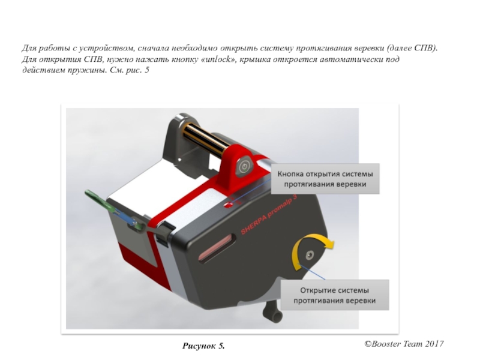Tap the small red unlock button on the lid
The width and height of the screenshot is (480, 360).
228,205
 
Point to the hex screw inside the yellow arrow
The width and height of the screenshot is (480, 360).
310,254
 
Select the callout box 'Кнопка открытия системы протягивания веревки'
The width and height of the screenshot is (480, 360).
325,179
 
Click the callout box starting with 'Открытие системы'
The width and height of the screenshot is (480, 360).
335,295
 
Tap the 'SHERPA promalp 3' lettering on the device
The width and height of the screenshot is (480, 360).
269,214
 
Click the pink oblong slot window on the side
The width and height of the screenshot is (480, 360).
217,247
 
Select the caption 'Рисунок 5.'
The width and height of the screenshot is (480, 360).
203,346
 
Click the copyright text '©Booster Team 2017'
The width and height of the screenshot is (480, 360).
404,344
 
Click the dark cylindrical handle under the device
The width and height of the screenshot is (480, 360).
272,312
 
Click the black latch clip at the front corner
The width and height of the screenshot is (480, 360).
164,233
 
